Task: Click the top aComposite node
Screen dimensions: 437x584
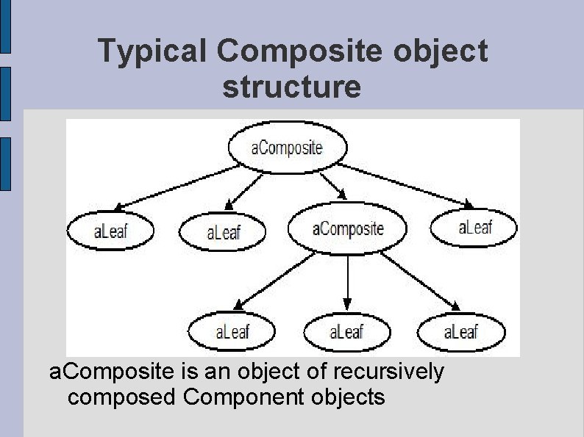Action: point(287,148)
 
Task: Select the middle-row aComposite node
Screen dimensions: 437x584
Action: point(347,228)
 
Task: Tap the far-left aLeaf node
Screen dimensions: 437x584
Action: point(110,231)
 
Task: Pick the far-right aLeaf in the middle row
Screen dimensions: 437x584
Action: point(474,227)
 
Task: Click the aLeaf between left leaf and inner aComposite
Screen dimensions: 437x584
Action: point(223,233)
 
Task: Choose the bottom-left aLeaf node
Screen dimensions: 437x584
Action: point(232,332)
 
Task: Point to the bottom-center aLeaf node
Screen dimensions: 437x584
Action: point(346,332)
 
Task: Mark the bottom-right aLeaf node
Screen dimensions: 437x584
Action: point(460,332)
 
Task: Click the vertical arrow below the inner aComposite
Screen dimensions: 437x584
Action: point(347,281)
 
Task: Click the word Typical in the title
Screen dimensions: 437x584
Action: point(154,51)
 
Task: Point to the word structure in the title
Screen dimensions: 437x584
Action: point(292,87)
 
